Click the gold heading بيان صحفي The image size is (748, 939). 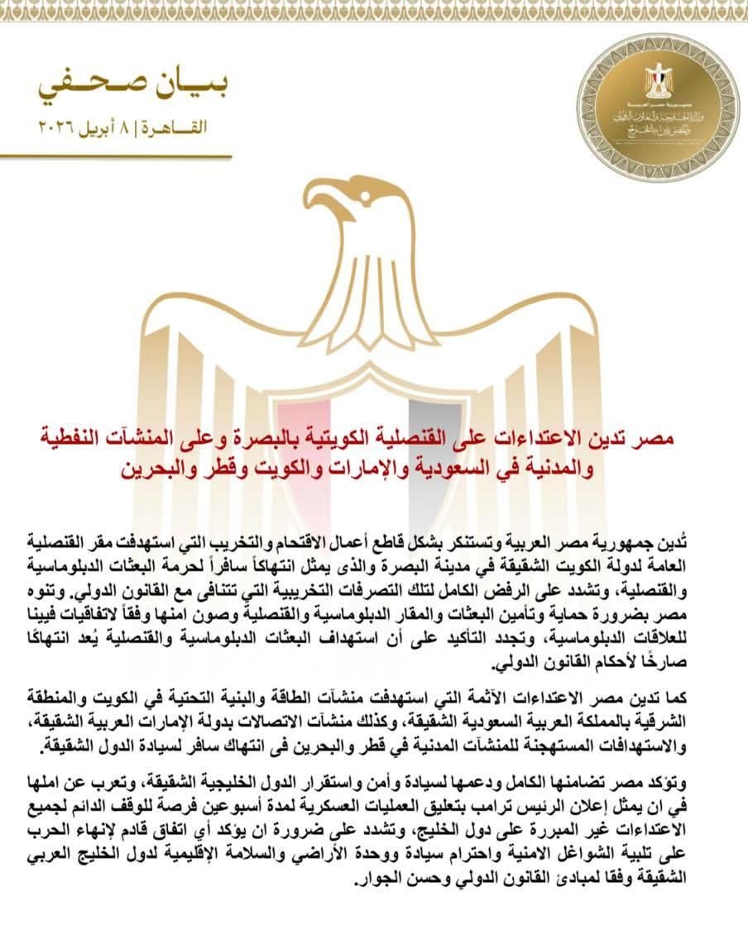click(133, 83)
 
